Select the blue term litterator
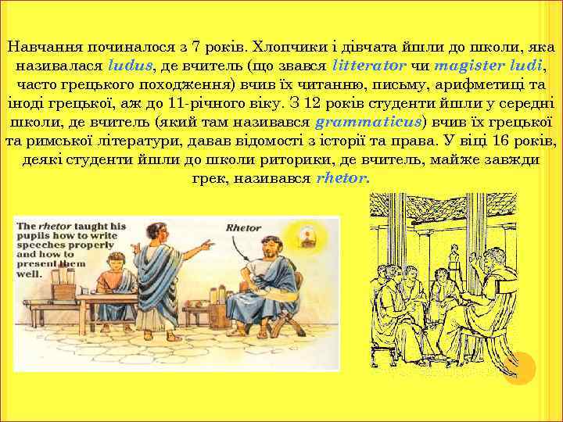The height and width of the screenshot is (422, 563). pos(368,64)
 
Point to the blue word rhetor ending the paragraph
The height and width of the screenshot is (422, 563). pos(342,178)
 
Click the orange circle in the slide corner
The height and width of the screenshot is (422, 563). pos(518,367)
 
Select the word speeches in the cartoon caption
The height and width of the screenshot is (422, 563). pos(45,245)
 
